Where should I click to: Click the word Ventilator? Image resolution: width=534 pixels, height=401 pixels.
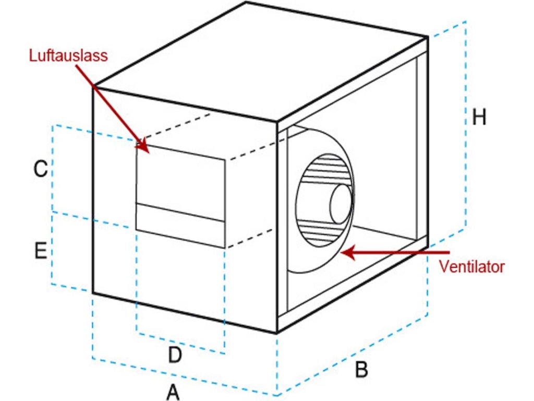(x=471, y=266)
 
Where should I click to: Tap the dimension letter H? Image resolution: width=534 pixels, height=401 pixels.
(x=478, y=117)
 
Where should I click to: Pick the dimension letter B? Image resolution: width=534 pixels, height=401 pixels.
(x=361, y=370)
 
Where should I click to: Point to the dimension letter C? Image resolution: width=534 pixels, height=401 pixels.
(x=41, y=169)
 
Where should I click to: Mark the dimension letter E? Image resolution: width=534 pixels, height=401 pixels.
(x=41, y=251)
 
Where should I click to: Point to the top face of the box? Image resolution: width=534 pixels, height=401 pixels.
(x=261, y=68)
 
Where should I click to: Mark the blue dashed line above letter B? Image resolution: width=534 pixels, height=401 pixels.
(x=355, y=355)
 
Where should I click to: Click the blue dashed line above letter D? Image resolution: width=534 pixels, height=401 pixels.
(x=180, y=343)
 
